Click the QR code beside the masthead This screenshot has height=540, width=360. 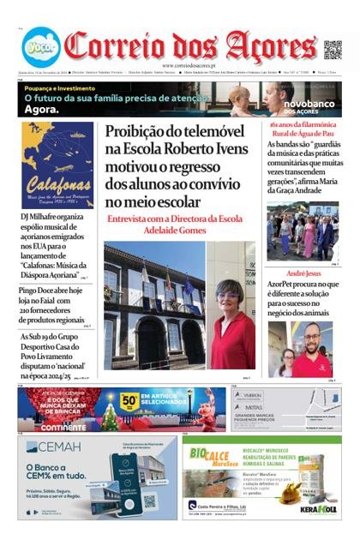click(333, 49)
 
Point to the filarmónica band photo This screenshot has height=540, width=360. click(302, 231)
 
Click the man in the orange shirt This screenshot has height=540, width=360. click(317, 351)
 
